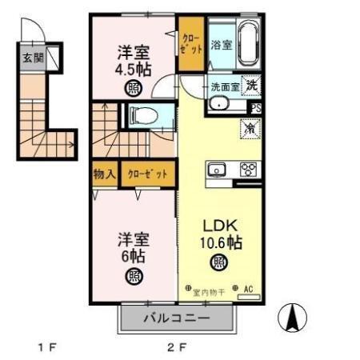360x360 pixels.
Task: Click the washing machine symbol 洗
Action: coord(253,85)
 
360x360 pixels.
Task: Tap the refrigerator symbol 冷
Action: coord(249,126)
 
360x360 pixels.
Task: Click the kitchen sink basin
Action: coord(218,169)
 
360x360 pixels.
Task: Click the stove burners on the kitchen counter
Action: coord(248,169)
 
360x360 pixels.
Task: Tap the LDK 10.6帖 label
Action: coord(219,232)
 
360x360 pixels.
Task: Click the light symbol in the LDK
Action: coord(218,261)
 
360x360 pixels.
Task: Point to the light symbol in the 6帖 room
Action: coord(130,277)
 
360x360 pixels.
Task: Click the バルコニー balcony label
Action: coord(177,318)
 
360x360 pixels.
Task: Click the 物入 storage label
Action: coord(106,174)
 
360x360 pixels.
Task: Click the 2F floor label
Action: coord(176,347)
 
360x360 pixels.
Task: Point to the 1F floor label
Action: coord(47,347)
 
